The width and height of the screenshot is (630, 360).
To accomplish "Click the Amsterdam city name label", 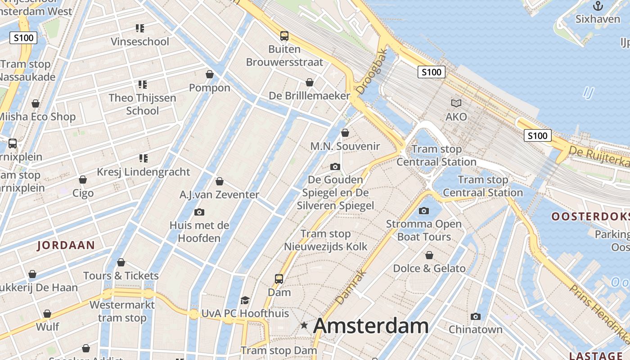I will [x=371, y=326].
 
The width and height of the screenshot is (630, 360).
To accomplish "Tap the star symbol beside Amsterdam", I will [x=305, y=325].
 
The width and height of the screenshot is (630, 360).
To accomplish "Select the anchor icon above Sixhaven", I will [x=598, y=6].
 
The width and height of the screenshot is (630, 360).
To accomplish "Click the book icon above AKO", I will [x=456, y=103].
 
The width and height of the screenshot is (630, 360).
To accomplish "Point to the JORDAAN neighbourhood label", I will [x=66, y=245].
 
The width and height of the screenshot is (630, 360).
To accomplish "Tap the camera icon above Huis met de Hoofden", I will [x=199, y=212].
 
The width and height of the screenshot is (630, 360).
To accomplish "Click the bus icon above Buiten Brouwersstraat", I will [x=284, y=36].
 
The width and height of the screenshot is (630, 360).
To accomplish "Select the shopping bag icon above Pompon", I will [x=210, y=74].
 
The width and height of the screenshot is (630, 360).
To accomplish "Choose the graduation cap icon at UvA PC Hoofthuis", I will [x=245, y=300].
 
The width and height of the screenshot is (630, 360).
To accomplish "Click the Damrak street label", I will [x=351, y=287].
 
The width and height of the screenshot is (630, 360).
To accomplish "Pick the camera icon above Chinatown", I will [x=476, y=316].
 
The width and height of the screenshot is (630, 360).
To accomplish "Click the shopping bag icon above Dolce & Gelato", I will [x=429, y=256].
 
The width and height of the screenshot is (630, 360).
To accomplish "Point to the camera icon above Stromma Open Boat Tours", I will [x=423, y=211].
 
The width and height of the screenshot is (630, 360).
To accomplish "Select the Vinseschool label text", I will [x=140, y=42].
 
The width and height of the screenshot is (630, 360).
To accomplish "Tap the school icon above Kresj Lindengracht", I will [x=143, y=158].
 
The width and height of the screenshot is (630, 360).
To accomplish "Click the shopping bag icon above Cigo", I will [x=83, y=180].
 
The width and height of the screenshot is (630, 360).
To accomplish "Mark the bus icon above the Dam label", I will [x=279, y=279].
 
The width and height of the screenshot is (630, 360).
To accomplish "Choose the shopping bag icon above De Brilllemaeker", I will [x=310, y=82].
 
